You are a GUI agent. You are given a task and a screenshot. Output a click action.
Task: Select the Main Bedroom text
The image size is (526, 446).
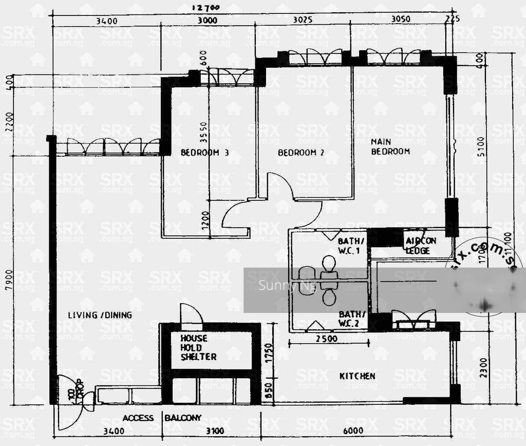390,146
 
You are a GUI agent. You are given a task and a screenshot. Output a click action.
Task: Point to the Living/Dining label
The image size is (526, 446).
100,315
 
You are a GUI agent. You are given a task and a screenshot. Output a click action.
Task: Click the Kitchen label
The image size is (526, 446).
357,376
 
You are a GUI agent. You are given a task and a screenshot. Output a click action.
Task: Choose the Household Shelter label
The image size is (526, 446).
198,347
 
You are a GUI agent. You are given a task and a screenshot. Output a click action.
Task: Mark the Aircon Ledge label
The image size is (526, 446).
421,246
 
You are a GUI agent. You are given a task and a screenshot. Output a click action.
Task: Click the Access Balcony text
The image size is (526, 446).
162,418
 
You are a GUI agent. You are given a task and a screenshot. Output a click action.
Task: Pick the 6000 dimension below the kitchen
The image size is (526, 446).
353,431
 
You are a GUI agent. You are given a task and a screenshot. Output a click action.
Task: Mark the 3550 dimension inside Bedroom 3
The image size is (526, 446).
204,139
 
